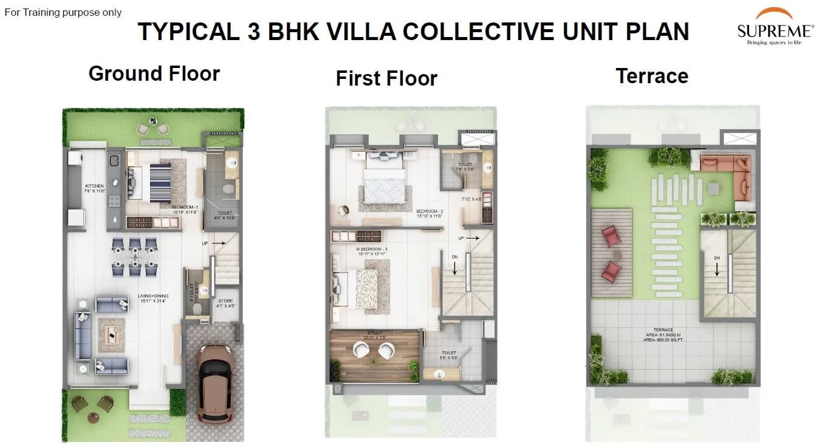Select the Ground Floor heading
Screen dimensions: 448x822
[154, 73]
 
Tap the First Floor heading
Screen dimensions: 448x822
[386, 78]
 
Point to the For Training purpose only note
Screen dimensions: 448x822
[63, 12]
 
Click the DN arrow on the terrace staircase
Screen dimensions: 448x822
[717, 267]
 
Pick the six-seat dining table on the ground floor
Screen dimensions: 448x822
[134, 257]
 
